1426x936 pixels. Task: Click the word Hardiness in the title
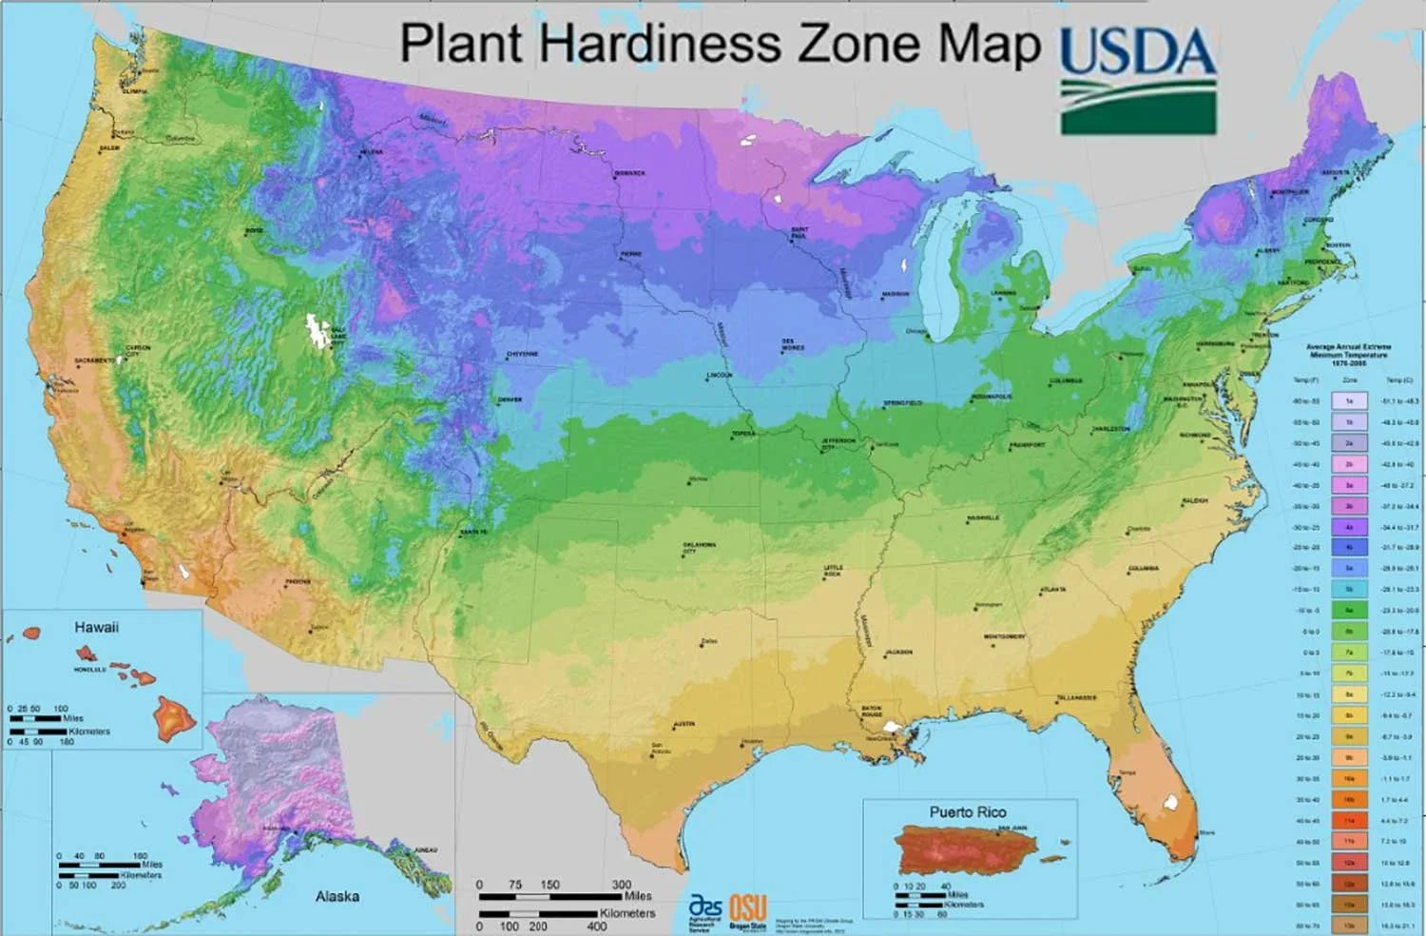pyautogui.click(x=663, y=43)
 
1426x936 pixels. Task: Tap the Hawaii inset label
pyautogui.click(x=96, y=627)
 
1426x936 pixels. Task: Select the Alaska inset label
pyautogui.click(x=337, y=896)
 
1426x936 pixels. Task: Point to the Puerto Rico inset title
pyautogui.click(x=967, y=811)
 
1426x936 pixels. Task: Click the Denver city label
pyautogui.click(x=510, y=400)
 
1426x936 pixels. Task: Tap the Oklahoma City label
pyautogui.click(x=699, y=548)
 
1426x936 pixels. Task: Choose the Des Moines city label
pyautogui.click(x=792, y=344)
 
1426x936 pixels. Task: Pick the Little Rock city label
pyautogui.click(x=833, y=571)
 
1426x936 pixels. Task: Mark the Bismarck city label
pyautogui.click(x=629, y=173)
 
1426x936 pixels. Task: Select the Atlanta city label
pyautogui.click(x=1052, y=590)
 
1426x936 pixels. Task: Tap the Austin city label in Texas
pyautogui.click(x=683, y=724)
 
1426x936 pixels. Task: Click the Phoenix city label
pyautogui.click(x=298, y=580)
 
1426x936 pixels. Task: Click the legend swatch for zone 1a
pyautogui.click(x=1349, y=401)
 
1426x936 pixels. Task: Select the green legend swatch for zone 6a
pyautogui.click(x=1349, y=611)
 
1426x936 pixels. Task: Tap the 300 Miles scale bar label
pyautogui.click(x=622, y=885)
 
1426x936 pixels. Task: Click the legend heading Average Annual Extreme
pyautogui.click(x=1348, y=347)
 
